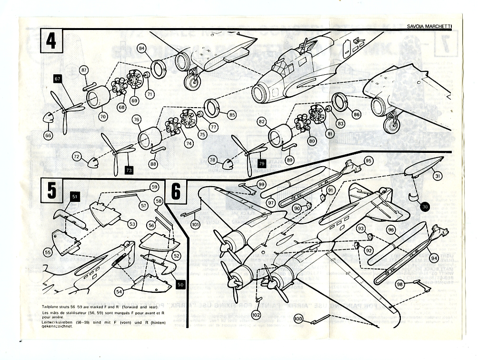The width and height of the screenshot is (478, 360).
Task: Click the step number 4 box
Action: (51, 41)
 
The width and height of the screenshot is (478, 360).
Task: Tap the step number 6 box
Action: (176, 191)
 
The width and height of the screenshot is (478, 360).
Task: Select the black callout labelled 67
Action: (58, 79)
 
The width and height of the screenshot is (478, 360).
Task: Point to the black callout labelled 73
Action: (129, 169)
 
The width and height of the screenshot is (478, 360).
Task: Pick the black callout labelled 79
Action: (261, 164)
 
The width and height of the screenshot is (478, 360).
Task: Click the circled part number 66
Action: (48, 135)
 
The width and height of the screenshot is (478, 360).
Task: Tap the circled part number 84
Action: (141, 48)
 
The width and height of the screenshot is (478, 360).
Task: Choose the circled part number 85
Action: (232, 115)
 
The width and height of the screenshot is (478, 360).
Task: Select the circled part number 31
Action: (437, 176)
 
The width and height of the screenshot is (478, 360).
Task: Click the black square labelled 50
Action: (180, 284)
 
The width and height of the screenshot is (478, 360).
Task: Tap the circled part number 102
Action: (257, 315)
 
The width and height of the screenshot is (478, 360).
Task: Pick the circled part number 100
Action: (299, 319)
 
